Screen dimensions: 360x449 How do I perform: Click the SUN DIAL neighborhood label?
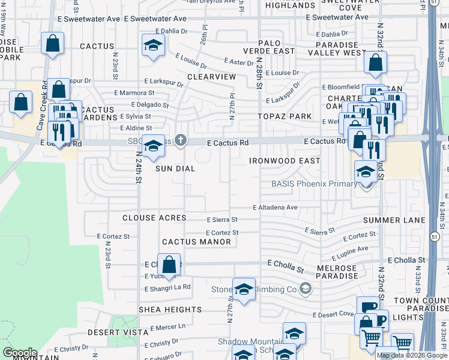(175, 169)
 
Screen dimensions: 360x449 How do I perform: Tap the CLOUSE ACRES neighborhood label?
(154, 218)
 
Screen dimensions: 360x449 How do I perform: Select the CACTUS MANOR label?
(196, 242)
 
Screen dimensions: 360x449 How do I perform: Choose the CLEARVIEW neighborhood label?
(211, 77)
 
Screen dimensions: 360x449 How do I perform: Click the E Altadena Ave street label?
(275, 207)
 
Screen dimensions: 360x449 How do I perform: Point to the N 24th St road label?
(138, 170)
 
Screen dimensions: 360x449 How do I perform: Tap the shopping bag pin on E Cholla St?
(170, 264)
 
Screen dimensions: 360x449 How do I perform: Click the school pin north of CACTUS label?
(153, 45)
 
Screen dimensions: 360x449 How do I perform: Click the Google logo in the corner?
(19, 353)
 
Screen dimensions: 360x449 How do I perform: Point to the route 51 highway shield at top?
(433, 2)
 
